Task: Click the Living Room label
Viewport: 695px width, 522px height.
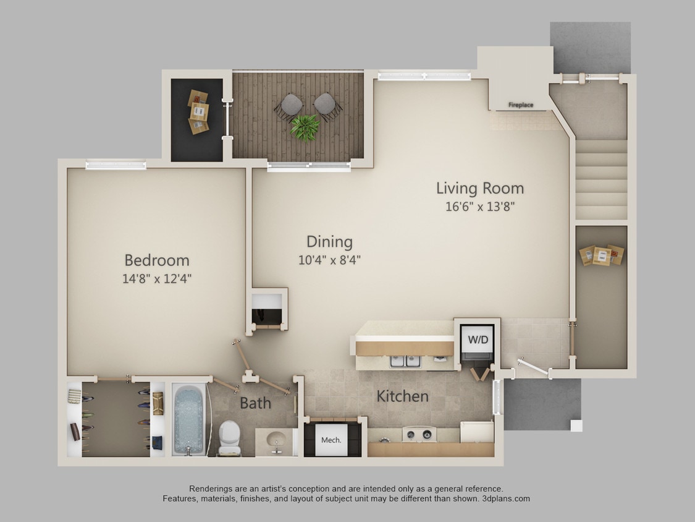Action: click(479, 188)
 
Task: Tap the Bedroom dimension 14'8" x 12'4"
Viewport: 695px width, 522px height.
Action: click(157, 278)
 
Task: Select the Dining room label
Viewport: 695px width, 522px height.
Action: click(329, 242)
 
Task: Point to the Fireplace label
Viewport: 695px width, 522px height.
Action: click(520, 105)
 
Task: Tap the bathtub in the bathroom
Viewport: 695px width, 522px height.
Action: click(188, 419)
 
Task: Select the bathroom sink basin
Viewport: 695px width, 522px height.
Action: click(274, 440)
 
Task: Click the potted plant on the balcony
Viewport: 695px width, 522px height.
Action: click(305, 127)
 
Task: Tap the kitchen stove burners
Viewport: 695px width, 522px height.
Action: click(419, 434)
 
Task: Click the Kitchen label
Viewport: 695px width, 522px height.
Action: click(403, 396)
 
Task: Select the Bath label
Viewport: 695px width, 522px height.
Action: click(255, 403)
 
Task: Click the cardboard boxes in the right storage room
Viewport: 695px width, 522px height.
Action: click(602, 255)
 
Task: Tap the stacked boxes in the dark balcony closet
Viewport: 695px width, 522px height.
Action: click(198, 112)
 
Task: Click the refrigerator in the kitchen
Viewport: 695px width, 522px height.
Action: click(477, 431)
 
